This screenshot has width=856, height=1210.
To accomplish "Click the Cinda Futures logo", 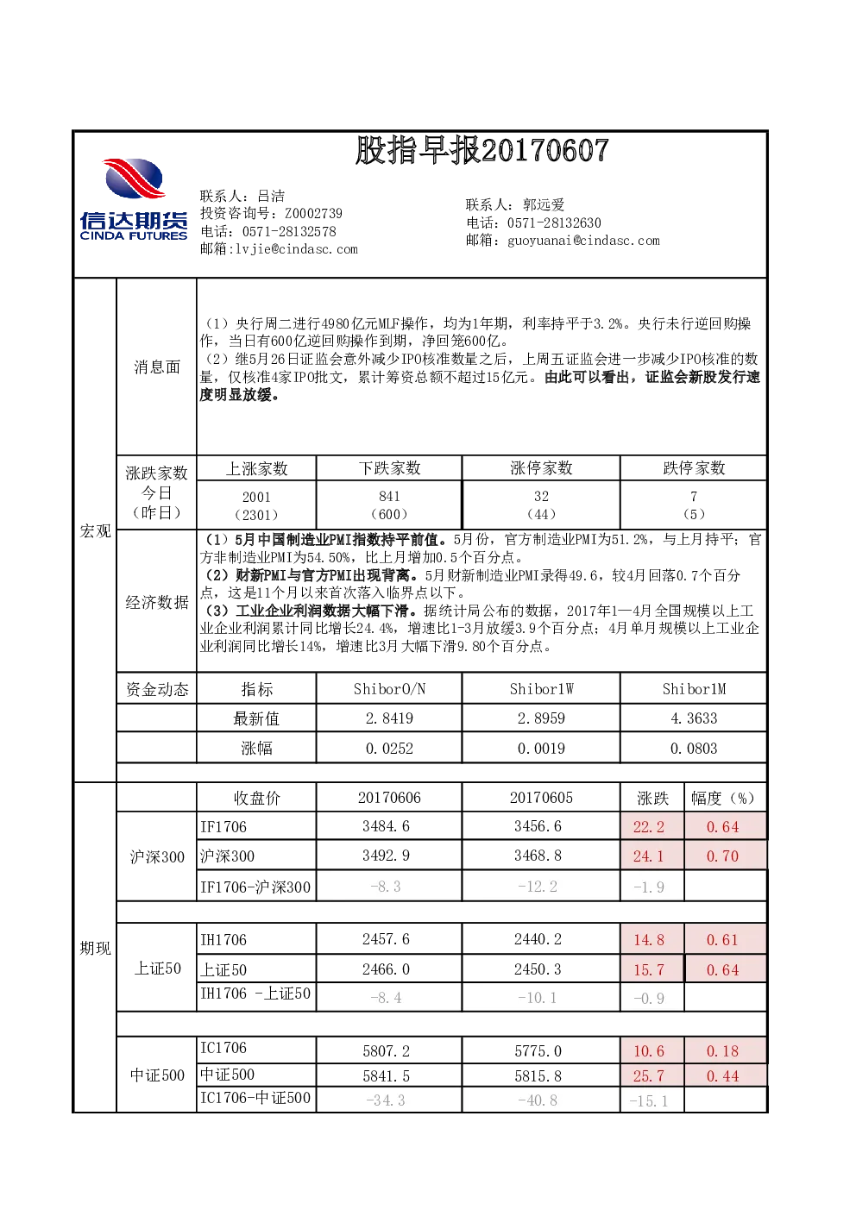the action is pyautogui.click(x=134, y=198).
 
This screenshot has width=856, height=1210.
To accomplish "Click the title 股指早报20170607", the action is pyautogui.click(x=482, y=150).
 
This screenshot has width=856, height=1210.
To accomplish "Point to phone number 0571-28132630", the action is pyautogui.click(x=554, y=223).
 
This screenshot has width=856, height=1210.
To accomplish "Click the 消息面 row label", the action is pyautogui.click(x=157, y=367).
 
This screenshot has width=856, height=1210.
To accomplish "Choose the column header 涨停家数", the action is pyautogui.click(x=541, y=467).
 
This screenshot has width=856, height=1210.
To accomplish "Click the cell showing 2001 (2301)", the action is pyautogui.click(x=256, y=505).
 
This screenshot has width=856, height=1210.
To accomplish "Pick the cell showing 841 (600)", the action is pyautogui.click(x=389, y=505).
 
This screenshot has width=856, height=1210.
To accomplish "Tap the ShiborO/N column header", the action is pyautogui.click(x=389, y=689).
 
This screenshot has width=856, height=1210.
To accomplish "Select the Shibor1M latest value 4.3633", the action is pyautogui.click(x=693, y=718).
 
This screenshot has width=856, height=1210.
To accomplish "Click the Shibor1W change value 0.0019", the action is pyautogui.click(x=541, y=748).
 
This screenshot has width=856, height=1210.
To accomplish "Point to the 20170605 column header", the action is pyautogui.click(x=541, y=797).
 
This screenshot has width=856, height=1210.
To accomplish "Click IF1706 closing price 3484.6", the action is pyautogui.click(x=386, y=826).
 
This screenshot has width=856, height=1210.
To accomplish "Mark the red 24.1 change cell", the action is pyautogui.click(x=649, y=856).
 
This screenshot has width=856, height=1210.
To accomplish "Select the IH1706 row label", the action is pyautogui.click(x=223, y=940).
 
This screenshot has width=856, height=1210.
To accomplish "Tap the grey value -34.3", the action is pyautogui.click(x=386, y=1100).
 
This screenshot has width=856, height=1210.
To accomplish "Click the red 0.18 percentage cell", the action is pyautogui.click(x=722, y=1051).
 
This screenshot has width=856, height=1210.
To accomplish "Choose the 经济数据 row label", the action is pyautogui.click(x=157, y=602).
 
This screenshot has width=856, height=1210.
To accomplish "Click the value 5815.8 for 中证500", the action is pyautogui.click(x=538, y=1076).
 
